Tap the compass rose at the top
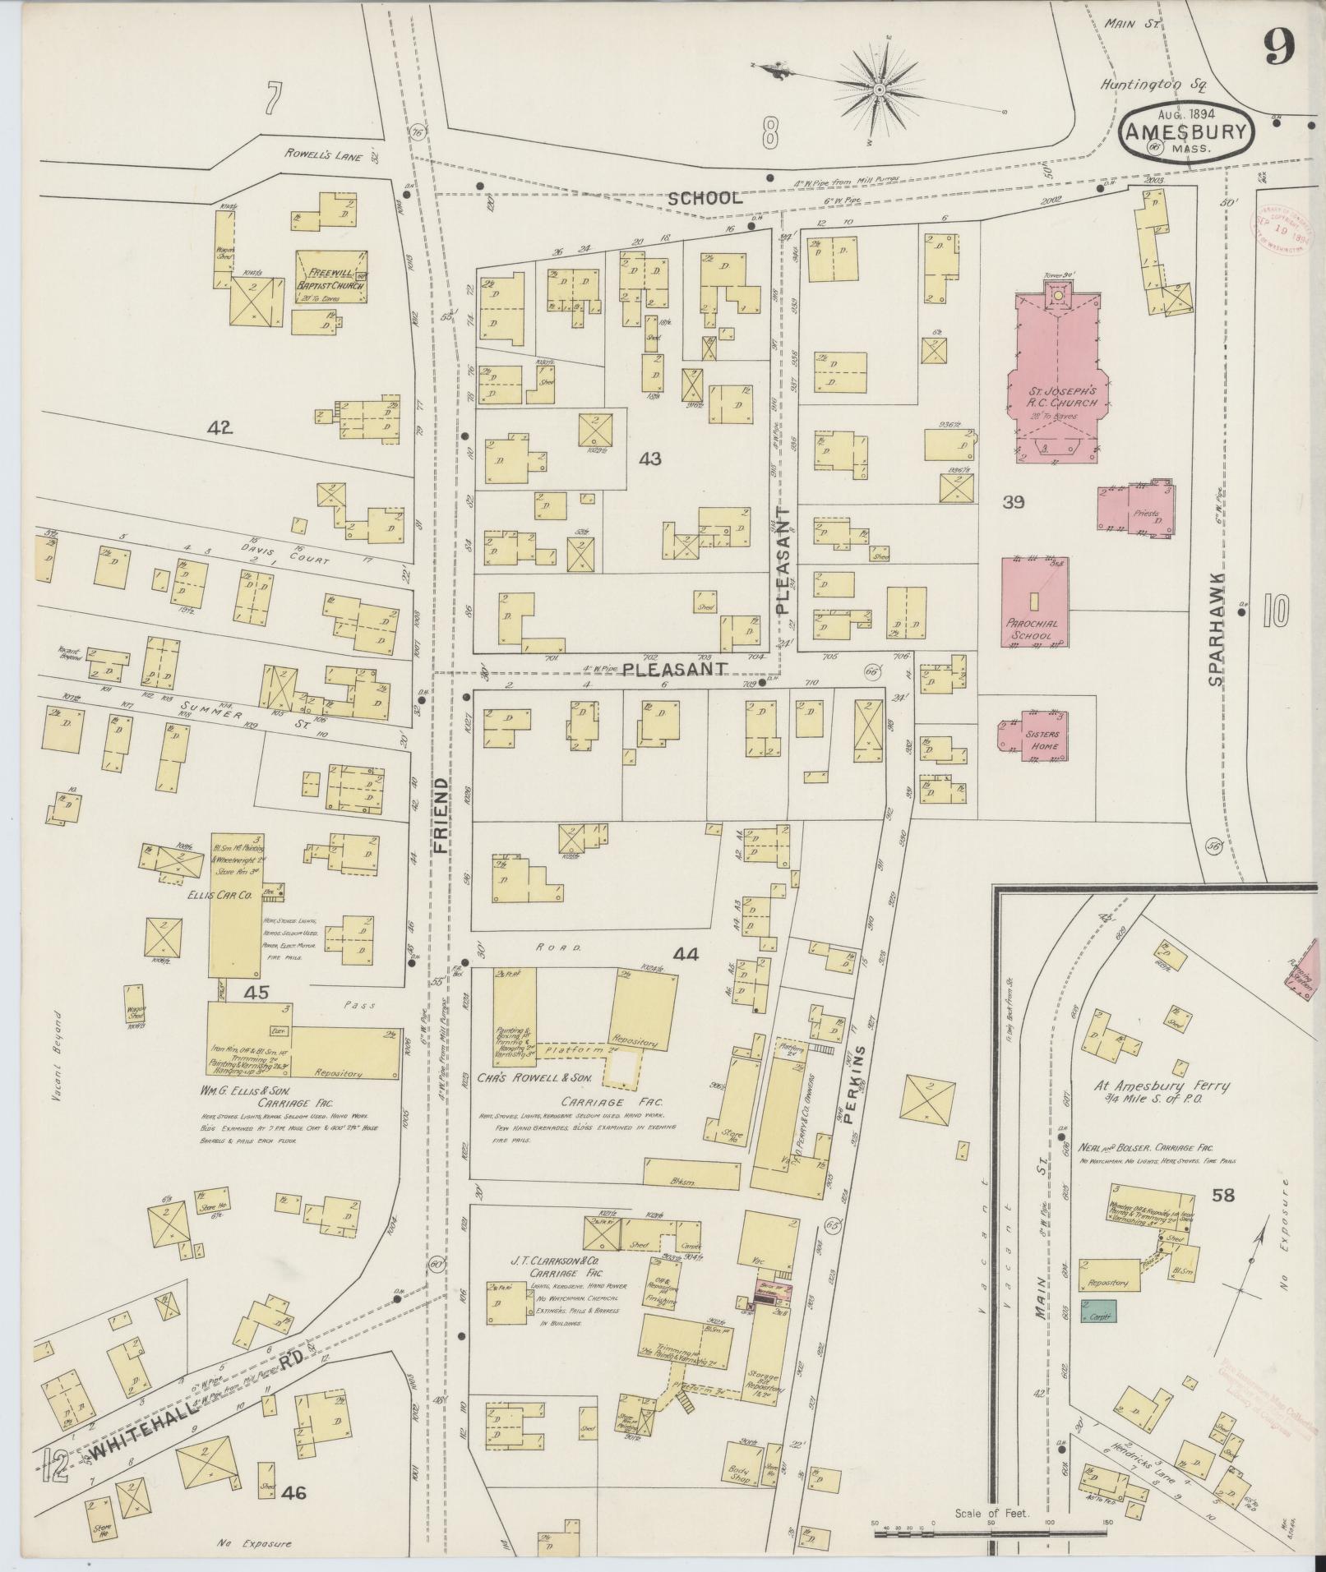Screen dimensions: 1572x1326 point(878,88)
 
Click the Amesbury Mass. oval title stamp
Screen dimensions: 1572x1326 point(1186,131)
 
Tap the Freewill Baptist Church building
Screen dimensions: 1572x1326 point(331,278)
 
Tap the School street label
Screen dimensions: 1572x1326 point(705,198)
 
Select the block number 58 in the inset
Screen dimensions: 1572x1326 point(1223,1195)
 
